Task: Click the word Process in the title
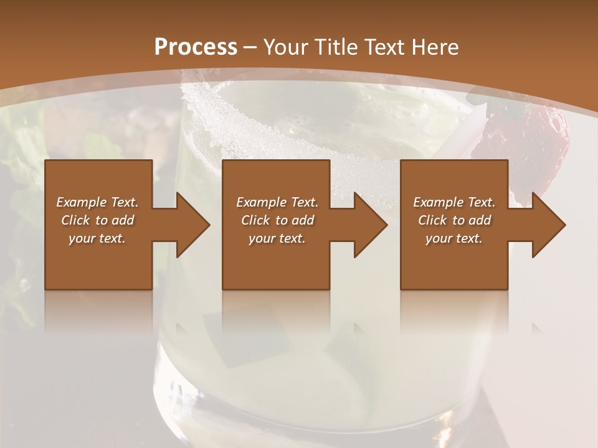pos(196,47)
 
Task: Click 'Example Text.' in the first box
pos(97,202)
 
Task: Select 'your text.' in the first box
pos(97,238)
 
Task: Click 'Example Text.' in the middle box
pos(277,202)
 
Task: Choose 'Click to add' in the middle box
pos(277,220)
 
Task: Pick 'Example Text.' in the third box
pos(454,202)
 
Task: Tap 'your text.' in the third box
pos(454,238)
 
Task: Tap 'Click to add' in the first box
pos(97,220)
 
